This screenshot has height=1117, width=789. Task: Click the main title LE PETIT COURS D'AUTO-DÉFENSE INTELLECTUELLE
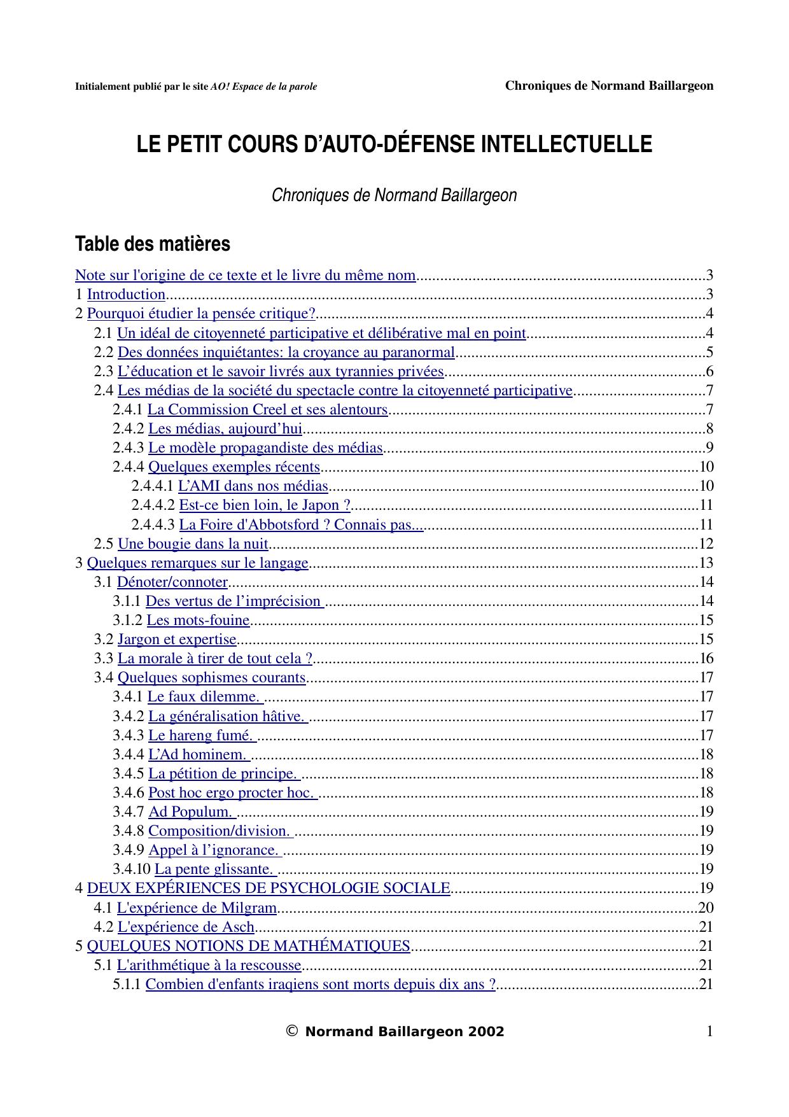click(394, 144)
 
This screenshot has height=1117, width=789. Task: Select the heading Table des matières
click(153, 244)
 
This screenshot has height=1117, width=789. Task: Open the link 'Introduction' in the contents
click(126, 295)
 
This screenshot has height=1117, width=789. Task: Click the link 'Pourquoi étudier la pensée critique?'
click(202, 314)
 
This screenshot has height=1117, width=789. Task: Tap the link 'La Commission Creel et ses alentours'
click(268, 410)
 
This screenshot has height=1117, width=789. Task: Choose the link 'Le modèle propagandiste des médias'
click(265, 448)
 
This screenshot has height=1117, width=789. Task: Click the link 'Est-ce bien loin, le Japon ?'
click(265, 505)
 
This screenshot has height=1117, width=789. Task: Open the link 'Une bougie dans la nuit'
click(193, 544)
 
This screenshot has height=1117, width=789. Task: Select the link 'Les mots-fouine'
click(198, 621)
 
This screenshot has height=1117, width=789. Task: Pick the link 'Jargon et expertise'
click(177, 640)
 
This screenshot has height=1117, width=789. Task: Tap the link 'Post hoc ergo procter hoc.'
click(232, 793)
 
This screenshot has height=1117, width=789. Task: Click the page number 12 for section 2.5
click(706, 544)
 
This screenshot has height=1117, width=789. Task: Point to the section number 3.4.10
click(132, 869)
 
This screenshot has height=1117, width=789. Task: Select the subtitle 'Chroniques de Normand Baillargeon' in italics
click(394, 195)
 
